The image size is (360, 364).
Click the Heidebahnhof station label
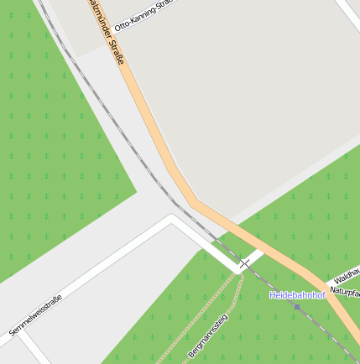click(296, 295)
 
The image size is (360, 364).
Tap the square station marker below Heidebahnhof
click(296, 307)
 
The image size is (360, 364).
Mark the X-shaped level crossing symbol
click(244, 264)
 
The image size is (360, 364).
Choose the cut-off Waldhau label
click(347, 274)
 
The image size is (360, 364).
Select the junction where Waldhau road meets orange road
click(322, 283)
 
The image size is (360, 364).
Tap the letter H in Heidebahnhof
click(274, 295)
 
